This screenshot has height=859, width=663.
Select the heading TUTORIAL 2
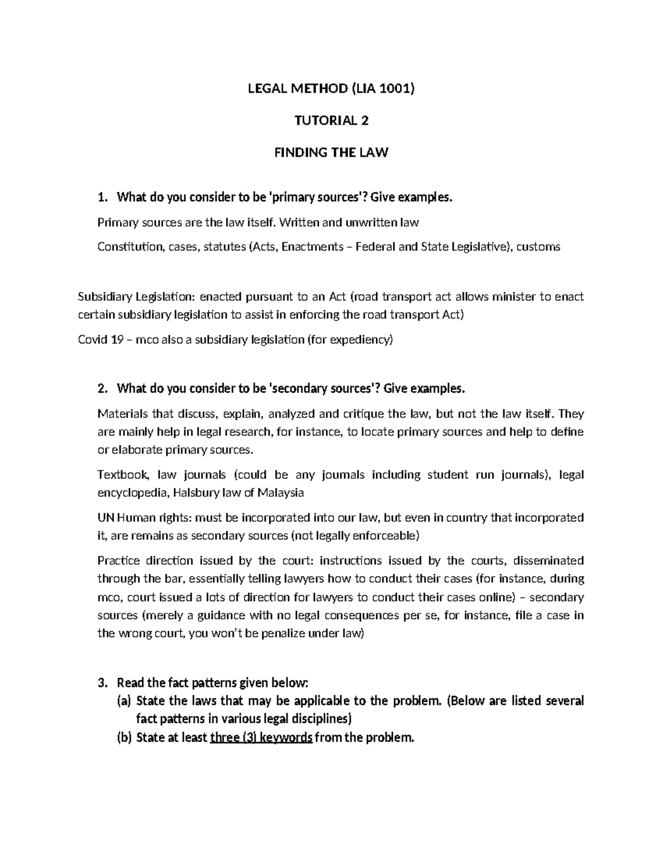coord(331,120)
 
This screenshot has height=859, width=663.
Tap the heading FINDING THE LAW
coord(331,153)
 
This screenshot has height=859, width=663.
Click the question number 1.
coord(101,197)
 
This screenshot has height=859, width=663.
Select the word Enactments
coord(312,247)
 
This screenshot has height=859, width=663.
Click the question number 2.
coord(101,389)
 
